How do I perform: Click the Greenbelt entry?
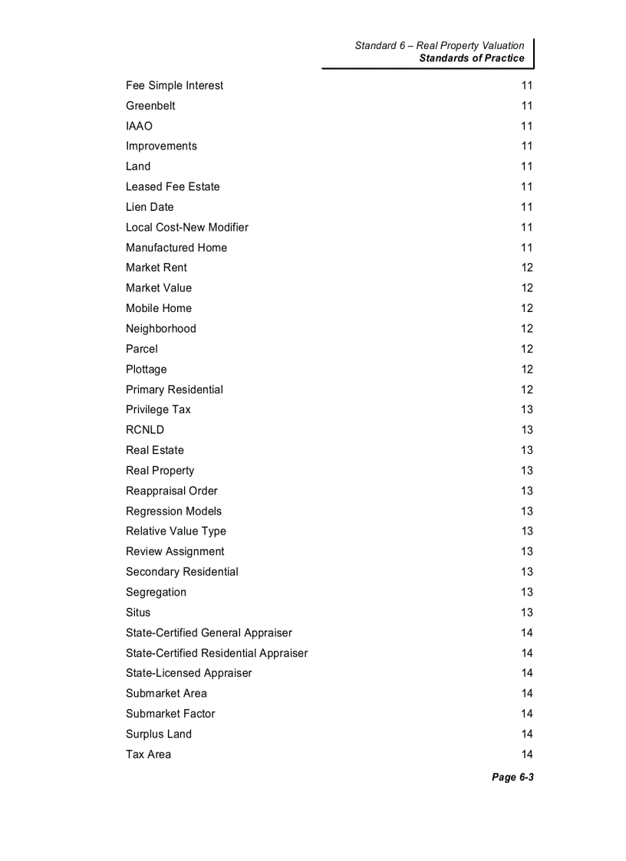[150, 106]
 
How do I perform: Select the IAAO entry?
[139, 126]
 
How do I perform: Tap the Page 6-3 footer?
[512, 777]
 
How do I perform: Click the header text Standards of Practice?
[472, 58]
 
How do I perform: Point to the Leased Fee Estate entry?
[173, 186]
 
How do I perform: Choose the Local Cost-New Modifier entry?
[187, 227]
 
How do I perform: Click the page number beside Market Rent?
[526, 268]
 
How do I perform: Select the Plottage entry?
[146, 369]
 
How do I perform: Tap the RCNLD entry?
[145, 430]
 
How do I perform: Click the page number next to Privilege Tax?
[526, 409]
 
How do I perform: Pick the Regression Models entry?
[173, 511]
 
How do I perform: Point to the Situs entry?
[138, 613]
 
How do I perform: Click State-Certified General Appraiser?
[209, 633]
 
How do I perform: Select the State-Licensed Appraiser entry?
[189, 673]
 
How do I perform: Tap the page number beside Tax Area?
[526, 754]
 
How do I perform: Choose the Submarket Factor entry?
[170, 714]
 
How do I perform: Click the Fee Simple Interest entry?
[174, 85]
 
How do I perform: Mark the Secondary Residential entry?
[182, 572]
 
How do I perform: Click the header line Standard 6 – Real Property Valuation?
[439, 46]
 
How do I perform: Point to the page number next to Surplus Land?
[526, 734]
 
